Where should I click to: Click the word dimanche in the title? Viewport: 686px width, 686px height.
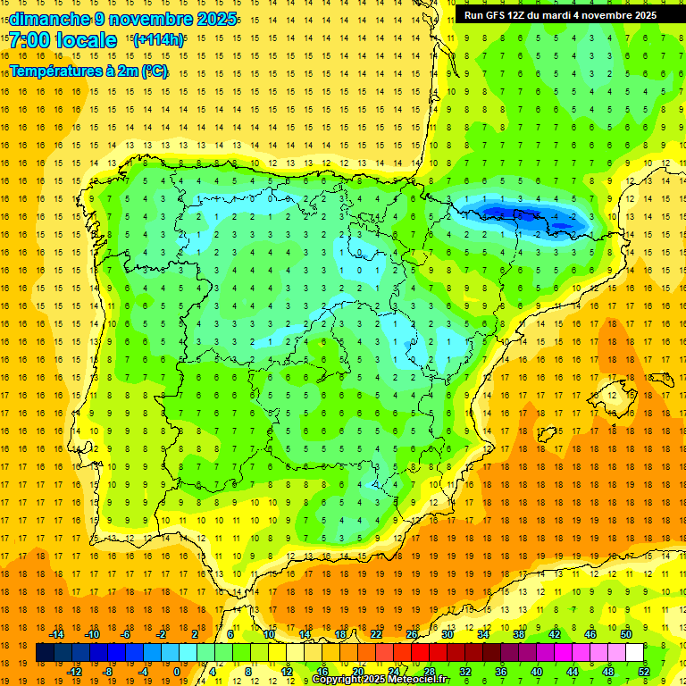tap(49, 19)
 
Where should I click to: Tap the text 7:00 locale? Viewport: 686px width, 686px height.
tap(63, 40)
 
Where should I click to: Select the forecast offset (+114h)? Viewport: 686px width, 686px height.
tap(158, 39)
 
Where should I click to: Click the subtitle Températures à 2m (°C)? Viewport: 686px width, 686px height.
tap(88, 71)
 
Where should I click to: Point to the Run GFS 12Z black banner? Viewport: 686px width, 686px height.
tap(560, 15)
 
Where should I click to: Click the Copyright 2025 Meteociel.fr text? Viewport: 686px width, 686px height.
tap(381, 680)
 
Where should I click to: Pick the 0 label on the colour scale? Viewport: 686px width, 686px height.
tap(177, 672)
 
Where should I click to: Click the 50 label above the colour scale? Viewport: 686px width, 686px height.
tap(625, 633)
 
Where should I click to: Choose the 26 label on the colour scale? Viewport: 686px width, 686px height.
tap(411, 633)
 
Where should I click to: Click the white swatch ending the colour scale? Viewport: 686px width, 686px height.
tap(634, 653)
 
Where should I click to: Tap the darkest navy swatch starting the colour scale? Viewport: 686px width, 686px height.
tap(45, 653)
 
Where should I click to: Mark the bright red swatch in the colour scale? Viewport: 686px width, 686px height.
tap(420, 653)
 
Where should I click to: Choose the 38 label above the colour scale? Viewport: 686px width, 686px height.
tap(518, 633)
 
